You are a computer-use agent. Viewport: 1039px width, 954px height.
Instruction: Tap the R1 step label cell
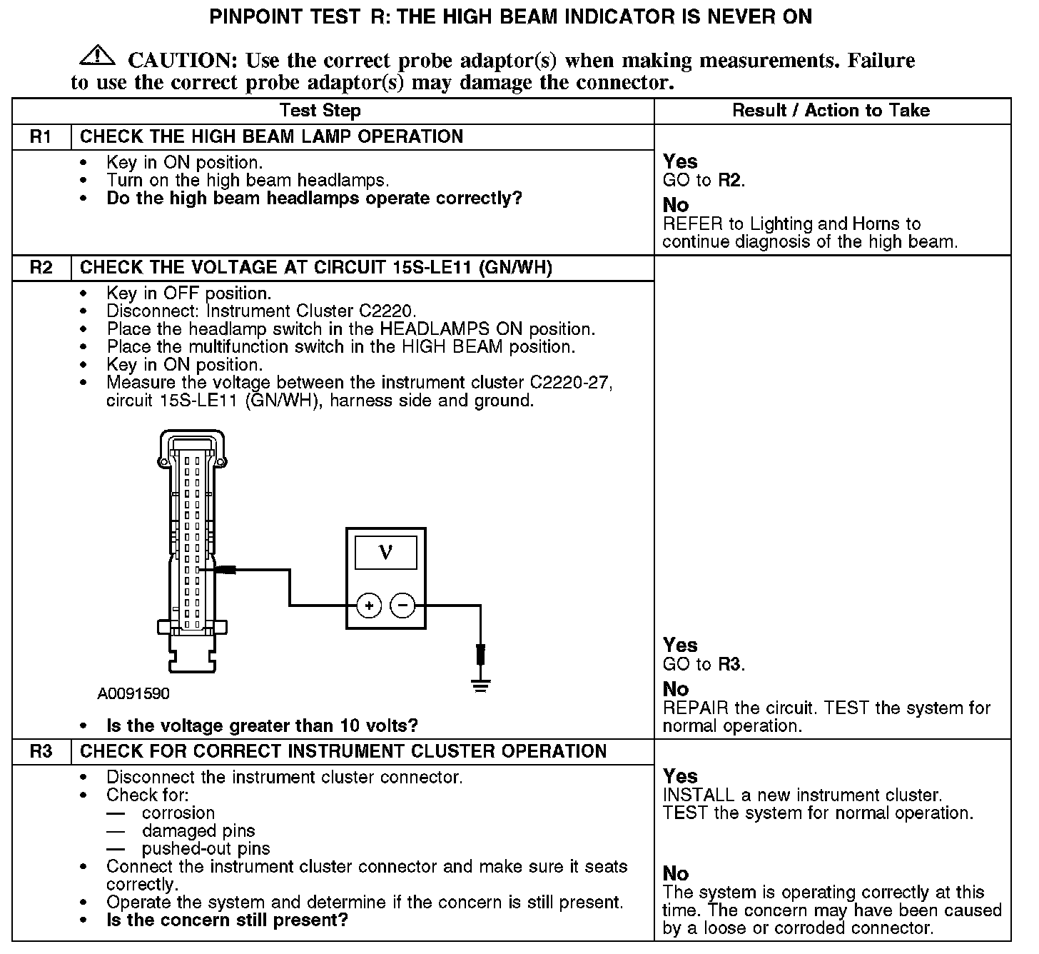(x=41, y=137)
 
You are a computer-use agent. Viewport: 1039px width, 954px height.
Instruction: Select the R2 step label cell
(x=41, y=268)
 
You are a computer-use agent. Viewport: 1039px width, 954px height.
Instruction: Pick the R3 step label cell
(x=41, y=752)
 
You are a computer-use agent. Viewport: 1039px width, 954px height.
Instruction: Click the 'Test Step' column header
(x=320, y=111)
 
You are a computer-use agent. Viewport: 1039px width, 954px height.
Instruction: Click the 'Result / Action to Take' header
(x=831, y=111)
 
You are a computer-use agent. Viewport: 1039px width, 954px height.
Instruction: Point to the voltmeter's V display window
(x=385, y=552)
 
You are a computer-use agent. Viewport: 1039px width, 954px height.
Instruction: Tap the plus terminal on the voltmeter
(x=369, y=606)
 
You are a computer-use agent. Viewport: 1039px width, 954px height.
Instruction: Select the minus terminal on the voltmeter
(x=402, y=606)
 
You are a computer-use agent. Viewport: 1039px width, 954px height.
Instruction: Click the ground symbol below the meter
(x=481, y=686)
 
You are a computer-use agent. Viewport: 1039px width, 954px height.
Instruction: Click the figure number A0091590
(x=133, y=694)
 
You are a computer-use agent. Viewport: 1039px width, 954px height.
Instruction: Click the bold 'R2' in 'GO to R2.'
(x=729, y=180)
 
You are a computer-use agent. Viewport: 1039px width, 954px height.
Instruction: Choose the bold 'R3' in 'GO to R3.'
(x=729, y=664)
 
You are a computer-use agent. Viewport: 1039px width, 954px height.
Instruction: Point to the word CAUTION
(x=183, y=61)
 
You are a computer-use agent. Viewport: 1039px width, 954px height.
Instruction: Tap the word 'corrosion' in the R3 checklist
(x=178, y=813)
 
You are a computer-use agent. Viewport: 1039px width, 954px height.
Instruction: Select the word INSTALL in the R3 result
(x=698, y=795)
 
